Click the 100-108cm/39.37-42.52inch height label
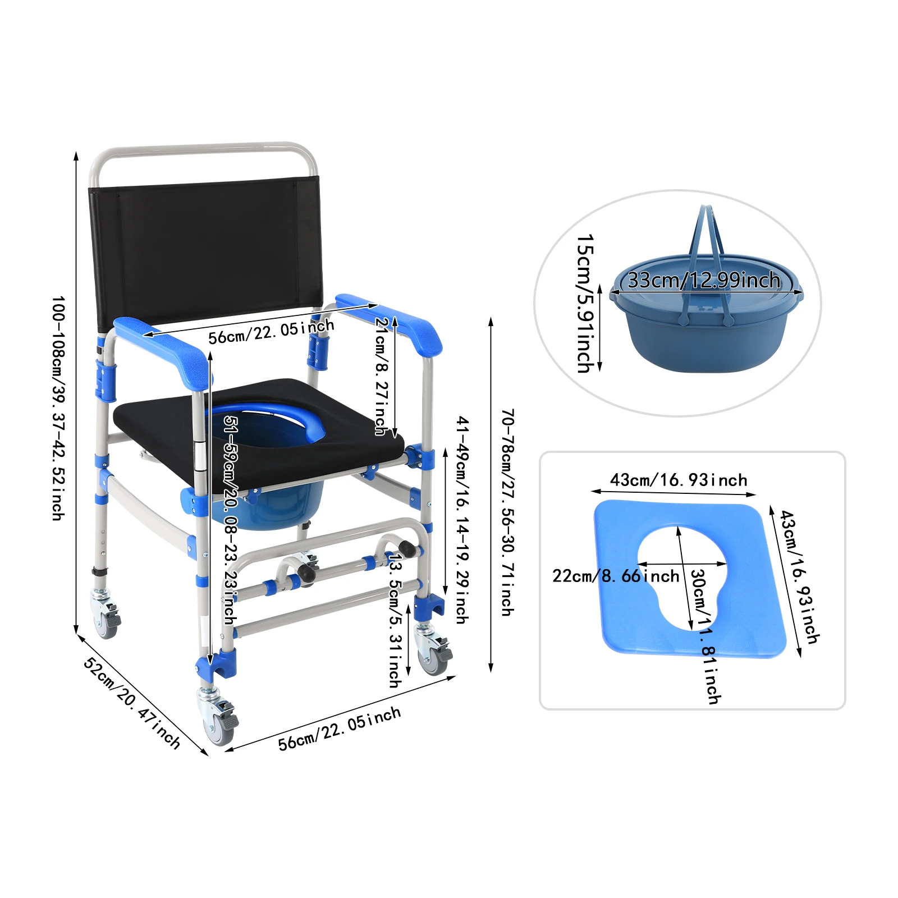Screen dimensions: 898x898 coord(58,408)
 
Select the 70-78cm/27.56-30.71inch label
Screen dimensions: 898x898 coord(507,512)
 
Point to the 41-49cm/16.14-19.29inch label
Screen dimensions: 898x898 coord(462,520)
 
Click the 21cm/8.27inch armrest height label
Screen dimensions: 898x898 coord(382,376)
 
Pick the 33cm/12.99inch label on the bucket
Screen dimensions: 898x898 coord(704,280)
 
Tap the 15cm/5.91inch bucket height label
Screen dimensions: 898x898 coord(585,304)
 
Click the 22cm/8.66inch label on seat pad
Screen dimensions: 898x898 coord(616,576)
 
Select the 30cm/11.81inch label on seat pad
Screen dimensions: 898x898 coord(705,636)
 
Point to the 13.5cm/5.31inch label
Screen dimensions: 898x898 coord(395,621)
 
